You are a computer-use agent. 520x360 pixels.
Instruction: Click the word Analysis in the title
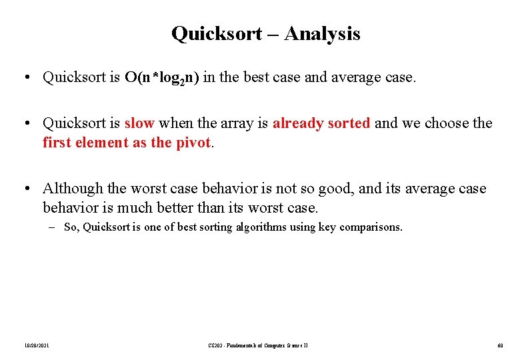click(x=322, y=33)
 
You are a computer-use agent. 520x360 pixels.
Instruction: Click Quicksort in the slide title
click(x=216, y=33)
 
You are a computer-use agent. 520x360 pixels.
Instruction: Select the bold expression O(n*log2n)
click(x=162, y=78)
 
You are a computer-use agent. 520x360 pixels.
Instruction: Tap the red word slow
click(x=139, y=123)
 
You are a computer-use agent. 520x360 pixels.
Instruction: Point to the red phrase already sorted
click(x=321, y=123)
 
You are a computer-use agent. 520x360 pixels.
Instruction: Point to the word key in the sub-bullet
click(x=325, y=227)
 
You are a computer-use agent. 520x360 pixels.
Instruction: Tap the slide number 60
click(x=499, y=345)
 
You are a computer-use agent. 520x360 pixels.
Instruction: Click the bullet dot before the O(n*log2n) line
click(x=24, y=78)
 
